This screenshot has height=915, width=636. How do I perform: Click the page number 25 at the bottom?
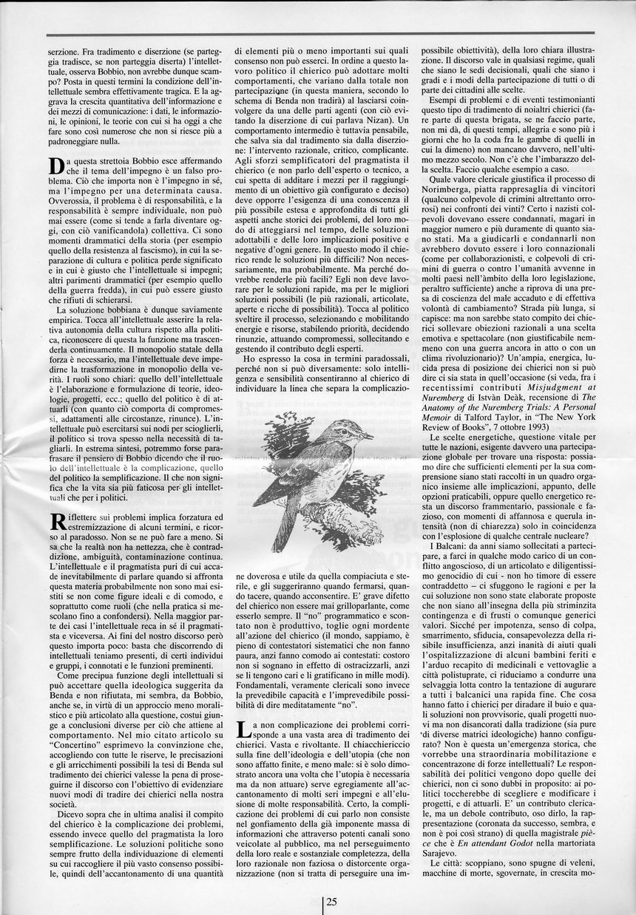[x=331, y=901]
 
